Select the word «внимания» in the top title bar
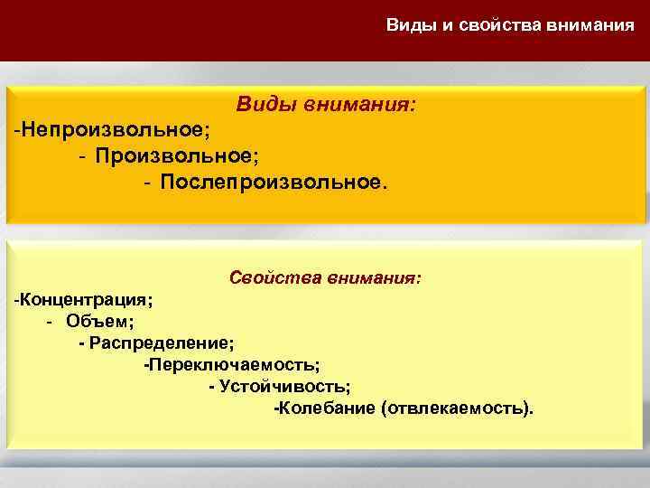pyautogui.click(x=590, y=24)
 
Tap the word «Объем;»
pyautogui.click(x=100, y=321)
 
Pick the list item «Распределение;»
pyautogui.click(x=161, y=343)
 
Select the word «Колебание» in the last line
pyautogui.click(x=328, y=408)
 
